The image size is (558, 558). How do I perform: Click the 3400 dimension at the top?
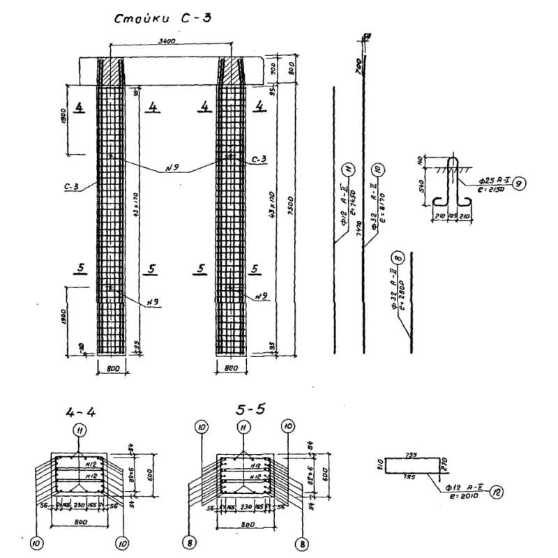coord(167,42)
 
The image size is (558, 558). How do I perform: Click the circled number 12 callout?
coord(496,491)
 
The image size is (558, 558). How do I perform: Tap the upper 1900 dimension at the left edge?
coord(63,113)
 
